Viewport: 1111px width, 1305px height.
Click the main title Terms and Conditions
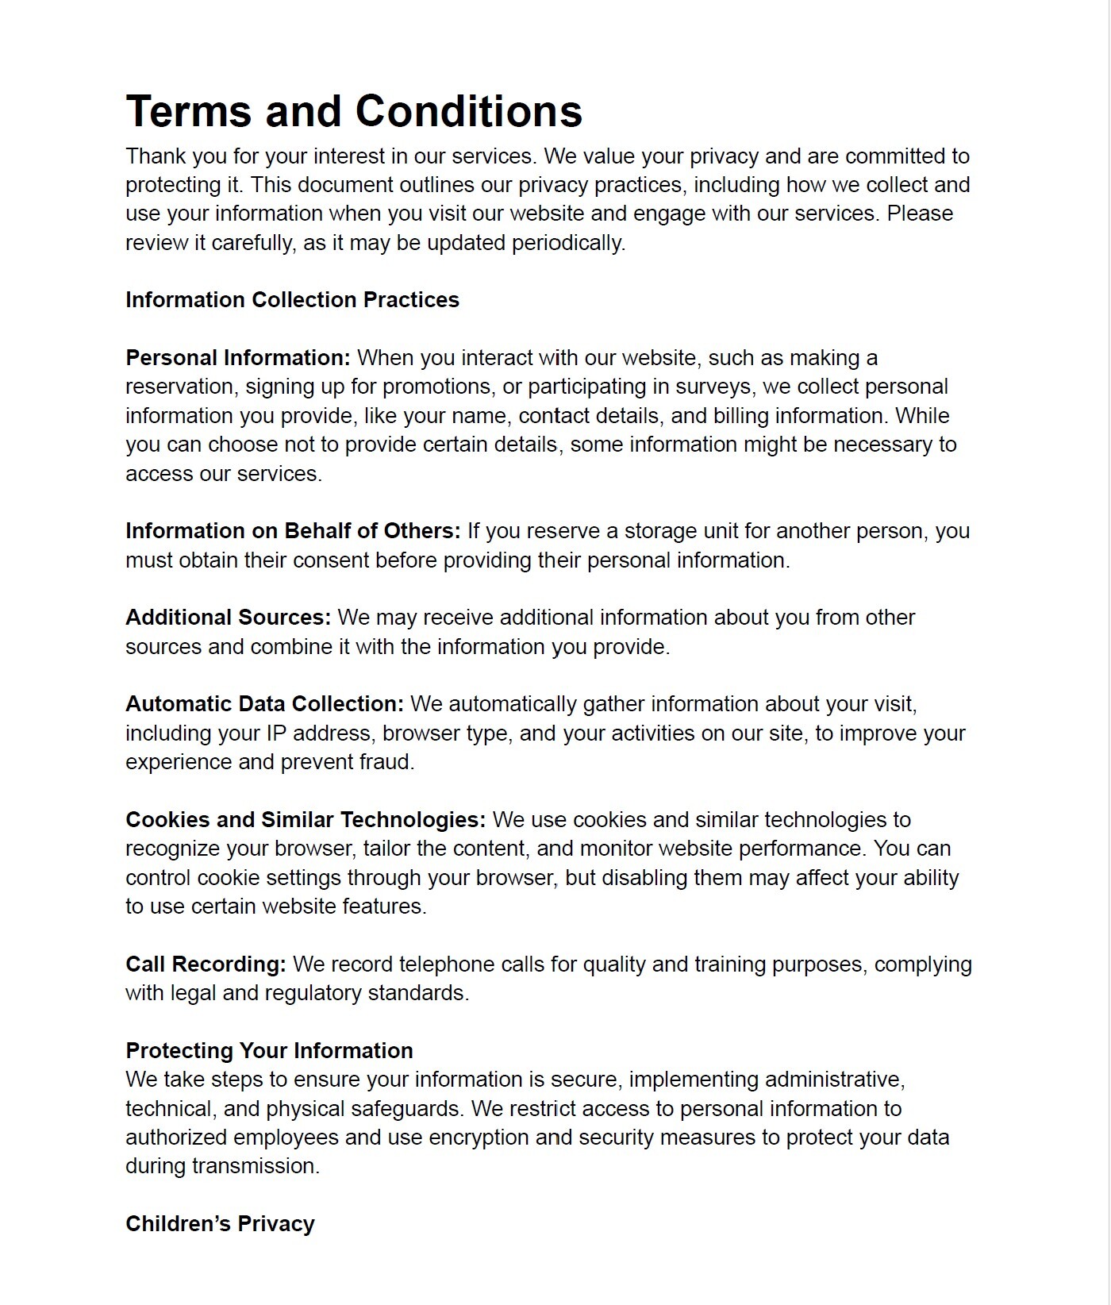click(354, 110)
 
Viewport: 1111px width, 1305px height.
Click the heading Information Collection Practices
click(292, 300)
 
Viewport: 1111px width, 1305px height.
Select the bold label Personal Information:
click(237, 358)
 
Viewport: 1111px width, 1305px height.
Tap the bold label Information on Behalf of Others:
click(292, 531)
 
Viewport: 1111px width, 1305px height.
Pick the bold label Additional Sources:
click(228, 618)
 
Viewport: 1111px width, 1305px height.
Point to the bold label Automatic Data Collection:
click(264, 704)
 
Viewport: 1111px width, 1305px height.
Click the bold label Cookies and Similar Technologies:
click(305, 820)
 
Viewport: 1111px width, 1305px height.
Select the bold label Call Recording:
click(206, 964)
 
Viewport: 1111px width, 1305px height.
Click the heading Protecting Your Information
click(269, 1051)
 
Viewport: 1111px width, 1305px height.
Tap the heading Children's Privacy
click(220, 1224)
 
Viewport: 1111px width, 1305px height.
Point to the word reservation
click(182, 387)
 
